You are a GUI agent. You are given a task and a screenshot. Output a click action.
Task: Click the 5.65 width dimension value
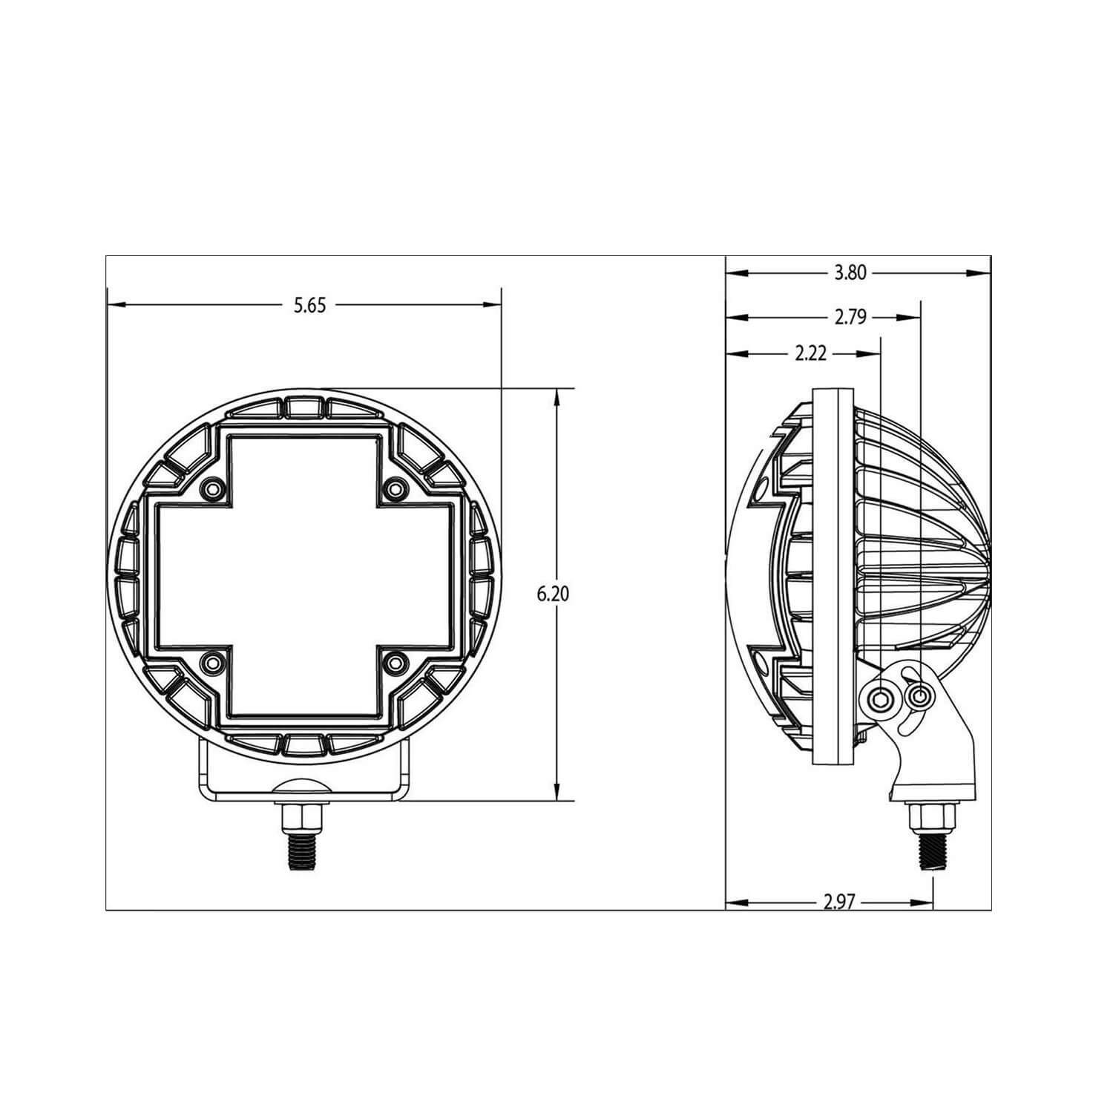(x=309, y=305)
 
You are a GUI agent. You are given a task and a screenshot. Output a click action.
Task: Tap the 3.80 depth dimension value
(x=850, y=273)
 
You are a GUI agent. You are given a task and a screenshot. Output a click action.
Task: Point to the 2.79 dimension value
(x=850, y=318)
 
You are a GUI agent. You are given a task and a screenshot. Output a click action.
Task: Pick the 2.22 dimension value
(x=810, y=354)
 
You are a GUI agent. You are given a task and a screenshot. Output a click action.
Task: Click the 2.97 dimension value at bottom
(x=840, y=902)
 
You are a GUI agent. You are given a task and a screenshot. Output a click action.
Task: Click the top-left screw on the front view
(x=213, y=488)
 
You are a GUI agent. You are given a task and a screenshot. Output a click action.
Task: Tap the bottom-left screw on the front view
(x=213, y=661)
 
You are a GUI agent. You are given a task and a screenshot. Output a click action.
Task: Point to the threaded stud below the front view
(x=303, y=853)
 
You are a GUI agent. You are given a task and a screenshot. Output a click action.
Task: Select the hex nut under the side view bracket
(x=930, y=818)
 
